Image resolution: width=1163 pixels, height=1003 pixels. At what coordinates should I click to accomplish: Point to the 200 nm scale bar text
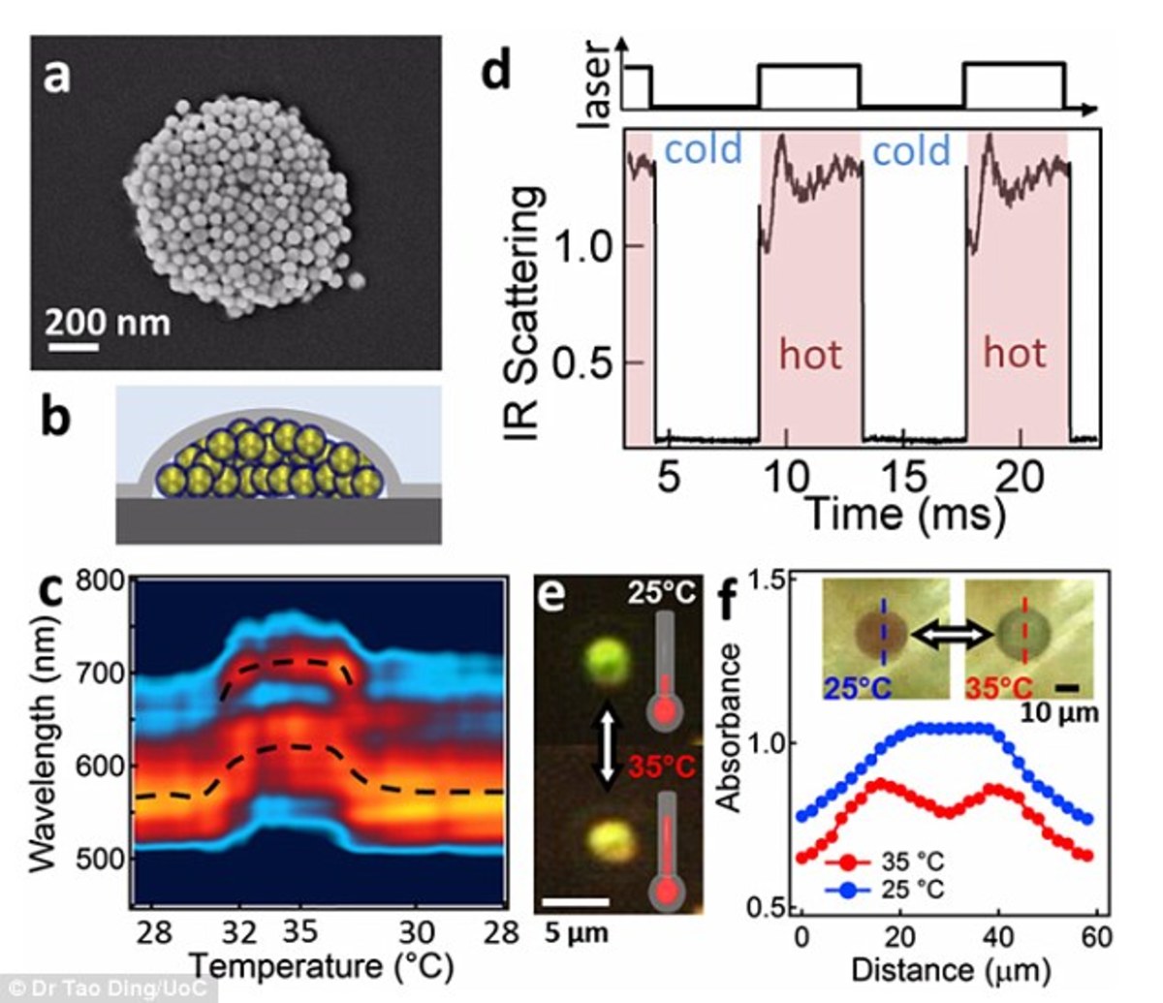point(109,321)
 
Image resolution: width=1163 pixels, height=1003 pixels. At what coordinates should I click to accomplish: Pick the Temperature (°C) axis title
point(320,965)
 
